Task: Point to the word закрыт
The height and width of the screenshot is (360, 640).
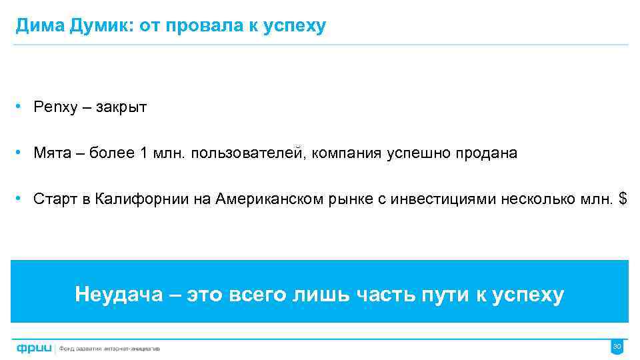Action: tap(121, 108)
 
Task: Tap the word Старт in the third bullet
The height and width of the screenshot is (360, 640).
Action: tap(56, 199)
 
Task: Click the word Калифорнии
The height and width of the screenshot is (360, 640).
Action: tap(138, 199)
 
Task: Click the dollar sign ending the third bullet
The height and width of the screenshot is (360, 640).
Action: tap(623, 199)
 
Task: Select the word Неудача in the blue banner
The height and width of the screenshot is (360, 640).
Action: tap(119, 294)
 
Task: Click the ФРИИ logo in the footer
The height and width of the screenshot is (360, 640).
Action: tap(34, 347)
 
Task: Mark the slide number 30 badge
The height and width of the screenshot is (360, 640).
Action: tap(617, 347)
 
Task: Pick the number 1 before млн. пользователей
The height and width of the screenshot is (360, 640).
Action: tap(144, 153)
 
